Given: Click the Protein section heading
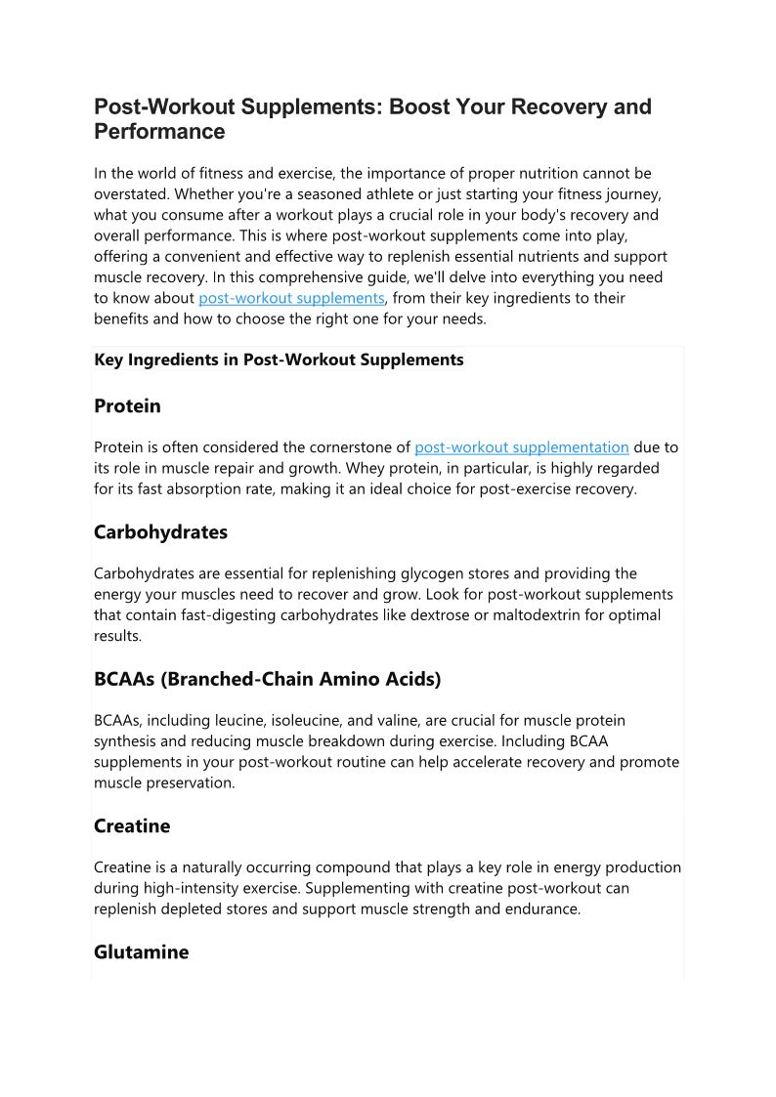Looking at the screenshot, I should click(127, 405).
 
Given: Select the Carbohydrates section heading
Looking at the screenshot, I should click(160, 532).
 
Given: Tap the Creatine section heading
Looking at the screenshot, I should click(132, 825).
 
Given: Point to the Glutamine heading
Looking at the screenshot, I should click(141, 951).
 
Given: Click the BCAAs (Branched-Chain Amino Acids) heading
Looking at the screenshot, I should click(267, 679).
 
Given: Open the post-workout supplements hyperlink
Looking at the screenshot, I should click(291, 298).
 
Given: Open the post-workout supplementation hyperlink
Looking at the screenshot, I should click(522, 447).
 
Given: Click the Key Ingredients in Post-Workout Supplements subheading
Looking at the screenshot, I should click(279, 359).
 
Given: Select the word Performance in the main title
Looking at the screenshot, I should click(159, 131).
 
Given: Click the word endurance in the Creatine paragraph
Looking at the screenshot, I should click(545, 908).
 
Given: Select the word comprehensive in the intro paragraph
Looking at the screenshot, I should click(245, 277).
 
